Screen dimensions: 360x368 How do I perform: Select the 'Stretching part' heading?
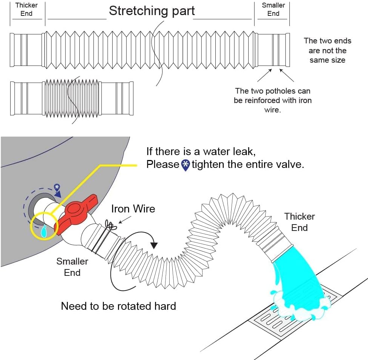click(152, 11)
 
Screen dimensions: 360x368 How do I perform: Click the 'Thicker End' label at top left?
click(26, 9)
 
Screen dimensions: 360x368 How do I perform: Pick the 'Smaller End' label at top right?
click(273, 9)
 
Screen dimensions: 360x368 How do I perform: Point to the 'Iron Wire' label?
click(133, 209)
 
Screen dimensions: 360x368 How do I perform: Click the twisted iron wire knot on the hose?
click(111, 225)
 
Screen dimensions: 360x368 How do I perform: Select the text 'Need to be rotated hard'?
click(118, 306)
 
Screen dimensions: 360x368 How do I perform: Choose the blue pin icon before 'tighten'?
click(185, 165)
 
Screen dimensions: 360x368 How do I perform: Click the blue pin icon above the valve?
click(57, 187)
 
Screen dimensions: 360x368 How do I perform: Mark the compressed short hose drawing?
click(72, 98)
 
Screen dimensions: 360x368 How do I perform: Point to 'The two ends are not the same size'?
click(327, 51)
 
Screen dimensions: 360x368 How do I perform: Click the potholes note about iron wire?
click(272, 100)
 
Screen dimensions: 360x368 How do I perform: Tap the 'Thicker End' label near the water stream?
click(299, 222)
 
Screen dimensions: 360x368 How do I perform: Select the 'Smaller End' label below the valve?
click(72, 266)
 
